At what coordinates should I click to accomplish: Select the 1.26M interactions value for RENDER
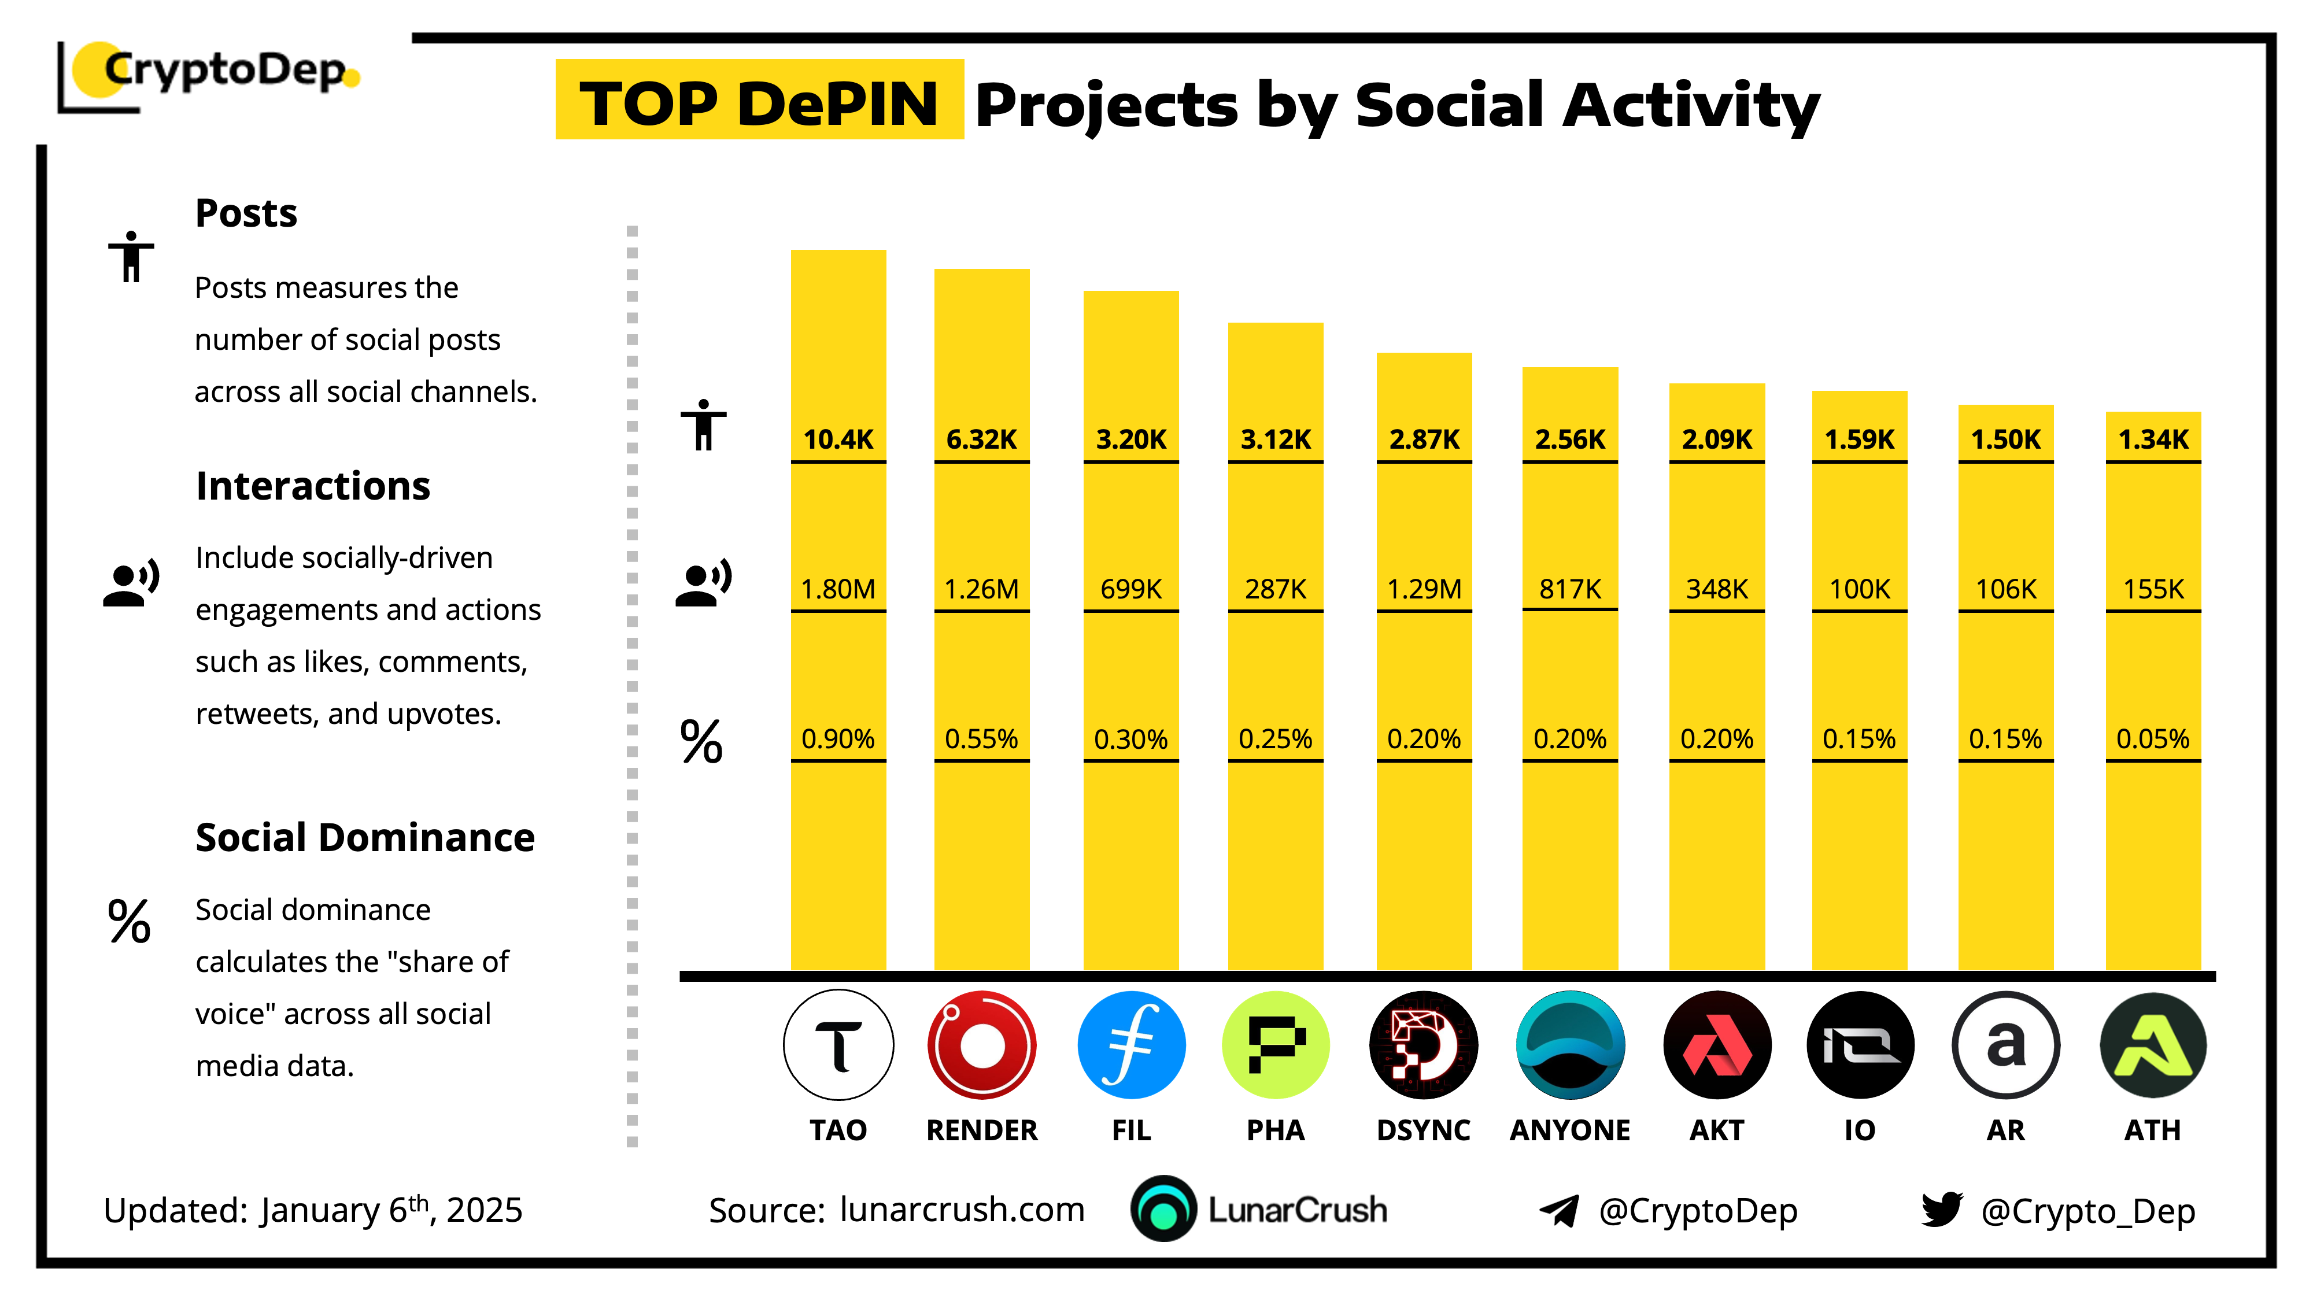pos(981,589)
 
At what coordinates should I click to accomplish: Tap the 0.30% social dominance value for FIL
pos(1130,739)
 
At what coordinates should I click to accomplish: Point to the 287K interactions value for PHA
pos(1275,589)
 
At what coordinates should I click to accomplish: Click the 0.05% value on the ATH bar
pos(2152,739)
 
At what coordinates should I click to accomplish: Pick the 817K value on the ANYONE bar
pos(1569,589)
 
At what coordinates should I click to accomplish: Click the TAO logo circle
pos(838,1045)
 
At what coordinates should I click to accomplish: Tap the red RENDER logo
pos(981,1045)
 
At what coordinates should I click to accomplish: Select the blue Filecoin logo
pos(1130,1045)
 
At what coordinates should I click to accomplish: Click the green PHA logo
pos(1275,1045)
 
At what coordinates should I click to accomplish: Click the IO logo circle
pos(1860,1045)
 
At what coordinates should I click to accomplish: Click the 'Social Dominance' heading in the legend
pos(364,838)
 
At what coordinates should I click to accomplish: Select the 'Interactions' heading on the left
pos(312,486)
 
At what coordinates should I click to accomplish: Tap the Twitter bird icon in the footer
pos(1941,1210)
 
